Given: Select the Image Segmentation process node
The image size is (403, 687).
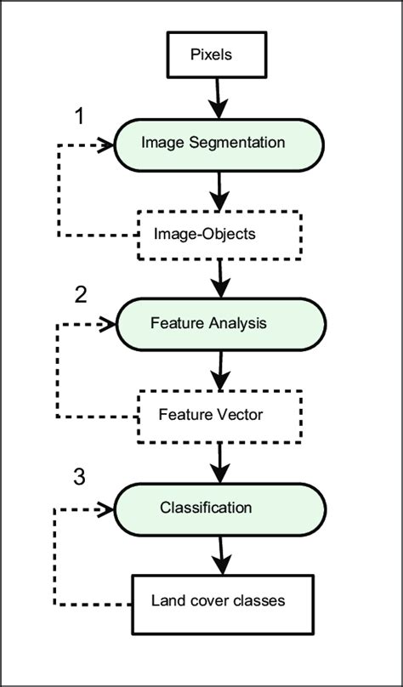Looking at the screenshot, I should tap(220, 143).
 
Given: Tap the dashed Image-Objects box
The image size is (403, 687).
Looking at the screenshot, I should tap(220, 233).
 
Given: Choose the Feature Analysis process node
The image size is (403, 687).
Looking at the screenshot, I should tap(220, 323).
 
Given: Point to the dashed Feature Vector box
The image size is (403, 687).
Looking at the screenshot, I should tap(220, 416).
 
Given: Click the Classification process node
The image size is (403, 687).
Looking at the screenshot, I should tap(220, 508).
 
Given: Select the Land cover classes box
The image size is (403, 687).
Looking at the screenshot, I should tap(220, 599).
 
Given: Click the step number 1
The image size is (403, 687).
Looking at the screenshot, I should tap(80, 116).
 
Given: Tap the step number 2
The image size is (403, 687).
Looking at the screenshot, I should tap(81, 294).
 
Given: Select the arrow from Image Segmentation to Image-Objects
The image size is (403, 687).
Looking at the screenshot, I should tap(220, 190).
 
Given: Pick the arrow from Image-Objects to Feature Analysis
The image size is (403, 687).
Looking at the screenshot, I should tap(220, 277).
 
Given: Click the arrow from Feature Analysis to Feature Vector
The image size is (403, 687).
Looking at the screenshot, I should tap(220, 370).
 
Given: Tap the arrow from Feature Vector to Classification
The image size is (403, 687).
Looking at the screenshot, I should tap(220, 462).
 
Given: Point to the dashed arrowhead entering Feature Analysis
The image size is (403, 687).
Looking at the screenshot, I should tap(106, 324).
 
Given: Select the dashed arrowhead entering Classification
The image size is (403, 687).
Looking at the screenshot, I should tap(106, 508).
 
